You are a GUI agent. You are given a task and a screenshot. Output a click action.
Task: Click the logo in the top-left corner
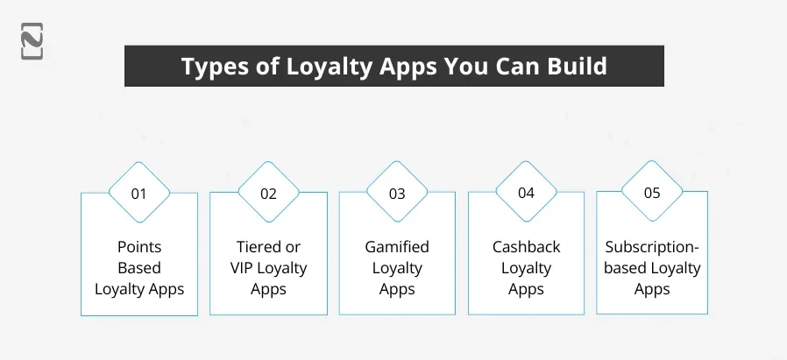[x=32, y=41]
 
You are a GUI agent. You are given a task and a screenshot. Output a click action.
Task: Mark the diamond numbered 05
[x=652, y=193]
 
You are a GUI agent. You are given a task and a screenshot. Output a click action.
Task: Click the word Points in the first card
[x=138, y=247]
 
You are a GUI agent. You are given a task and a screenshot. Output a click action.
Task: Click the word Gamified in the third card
[x=397, y=247]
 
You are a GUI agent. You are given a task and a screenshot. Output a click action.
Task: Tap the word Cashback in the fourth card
[x=526, y=247]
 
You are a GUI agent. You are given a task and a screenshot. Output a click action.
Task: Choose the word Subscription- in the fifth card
[x=652, y=247]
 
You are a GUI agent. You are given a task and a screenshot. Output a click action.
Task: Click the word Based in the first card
[x=138, y=268]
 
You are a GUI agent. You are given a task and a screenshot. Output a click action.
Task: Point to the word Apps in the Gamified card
[x=397, y=289]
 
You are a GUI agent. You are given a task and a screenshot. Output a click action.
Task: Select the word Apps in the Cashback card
[x=526, y=289]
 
